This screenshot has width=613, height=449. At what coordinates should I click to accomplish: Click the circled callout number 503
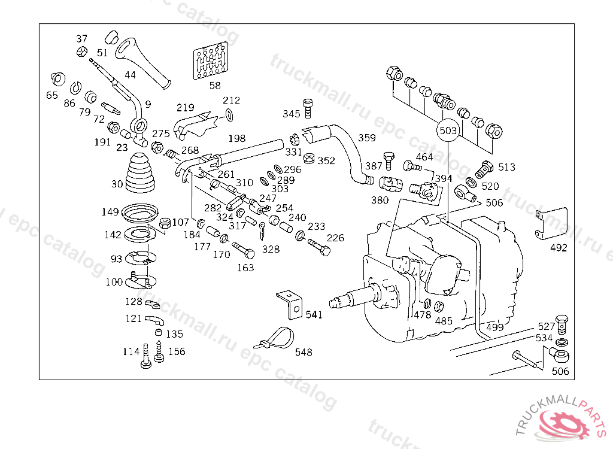pos(448,131)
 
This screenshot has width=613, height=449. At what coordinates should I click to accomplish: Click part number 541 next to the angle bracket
pos(314,315)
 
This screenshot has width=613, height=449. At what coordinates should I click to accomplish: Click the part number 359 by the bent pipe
pos(367,138)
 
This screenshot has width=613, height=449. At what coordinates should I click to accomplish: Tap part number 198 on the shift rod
pos(236,139)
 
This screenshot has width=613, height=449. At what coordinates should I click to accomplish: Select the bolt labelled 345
pos(308,110)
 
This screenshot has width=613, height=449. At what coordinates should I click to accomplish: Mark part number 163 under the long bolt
pos(245,268)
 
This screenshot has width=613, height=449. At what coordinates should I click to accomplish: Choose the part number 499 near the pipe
pos(494,327)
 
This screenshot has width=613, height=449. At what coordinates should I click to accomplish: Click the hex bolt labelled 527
pos(562,323)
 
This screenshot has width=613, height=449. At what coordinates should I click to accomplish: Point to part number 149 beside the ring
pos(110,212)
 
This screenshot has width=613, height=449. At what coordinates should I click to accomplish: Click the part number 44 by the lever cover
pos(130,75)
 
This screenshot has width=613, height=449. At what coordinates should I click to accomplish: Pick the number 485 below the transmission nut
pos(444,321)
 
